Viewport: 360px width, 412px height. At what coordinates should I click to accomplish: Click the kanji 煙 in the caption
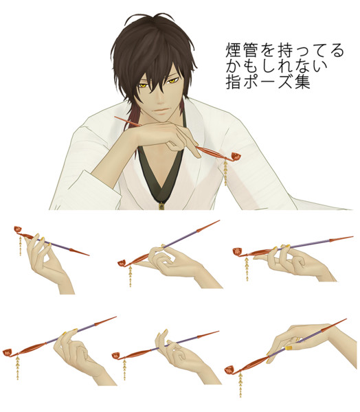pyautogui.click(x=234, y=50)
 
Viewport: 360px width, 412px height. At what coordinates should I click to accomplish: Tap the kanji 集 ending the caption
pyautogui.click(x=302, y=82)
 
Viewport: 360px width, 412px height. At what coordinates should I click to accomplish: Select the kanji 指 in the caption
pyautogui.click(x=234, y=82)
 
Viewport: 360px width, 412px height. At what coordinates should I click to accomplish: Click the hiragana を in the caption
pyautogui.click(x=268, y=50)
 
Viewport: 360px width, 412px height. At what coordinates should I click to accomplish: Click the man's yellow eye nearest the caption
pyautogui.click(x=172, y=80)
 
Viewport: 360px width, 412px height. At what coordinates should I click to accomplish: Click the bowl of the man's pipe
pyautogui.click(x=236, y=157)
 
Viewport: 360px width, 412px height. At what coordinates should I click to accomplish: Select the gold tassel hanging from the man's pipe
pyautogui.click(x=225, y=174)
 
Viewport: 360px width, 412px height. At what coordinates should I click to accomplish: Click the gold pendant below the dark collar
pyautogui.click(x=161, y=206)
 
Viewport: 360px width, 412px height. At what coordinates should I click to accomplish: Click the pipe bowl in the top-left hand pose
pyautogui.click(x=18, y=229)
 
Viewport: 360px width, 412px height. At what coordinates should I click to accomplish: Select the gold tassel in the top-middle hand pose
pyautogui.click(x=131, y=275)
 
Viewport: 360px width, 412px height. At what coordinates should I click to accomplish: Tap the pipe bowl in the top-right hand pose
pyautogui.click(x=237, y=251)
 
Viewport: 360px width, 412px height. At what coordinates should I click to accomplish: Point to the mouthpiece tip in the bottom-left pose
pyautogui.click(x=115, y=317)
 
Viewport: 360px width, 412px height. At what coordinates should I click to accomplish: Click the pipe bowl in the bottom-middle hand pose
pyautogui.click(x=115, y=356)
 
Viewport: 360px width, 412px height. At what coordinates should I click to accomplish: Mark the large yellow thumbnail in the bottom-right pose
pyautogui.click(x=289, y=348)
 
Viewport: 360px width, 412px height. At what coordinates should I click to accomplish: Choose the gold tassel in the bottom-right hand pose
pyautogui.click(x=240, y=385)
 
